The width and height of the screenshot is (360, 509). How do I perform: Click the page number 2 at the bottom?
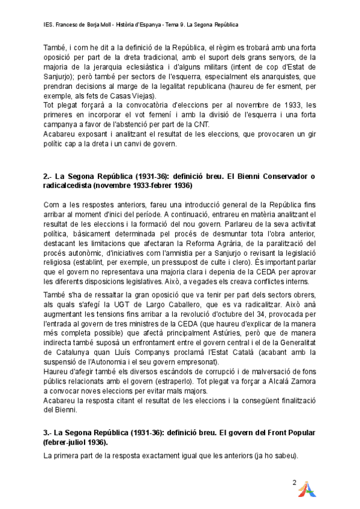point(295,482)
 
